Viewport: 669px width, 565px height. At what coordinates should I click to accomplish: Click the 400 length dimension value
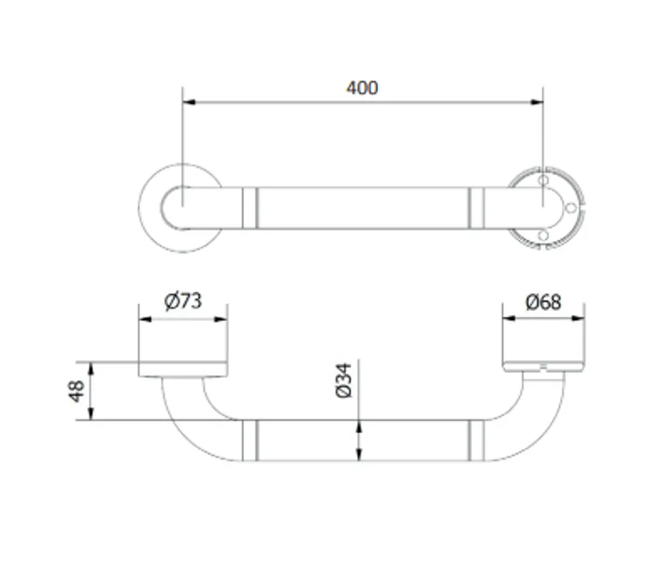click(x=362, y=88)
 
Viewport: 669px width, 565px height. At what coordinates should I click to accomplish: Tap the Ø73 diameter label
click(x=182, y=301)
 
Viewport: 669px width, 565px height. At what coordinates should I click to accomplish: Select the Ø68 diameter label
click(x=543, y=303)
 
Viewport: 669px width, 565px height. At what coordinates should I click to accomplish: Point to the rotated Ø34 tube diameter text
click(x=344, y=380)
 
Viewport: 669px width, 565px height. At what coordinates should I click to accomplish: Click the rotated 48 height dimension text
click(x=77, y=391)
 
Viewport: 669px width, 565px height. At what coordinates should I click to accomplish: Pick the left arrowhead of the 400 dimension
click(x=189, y=102)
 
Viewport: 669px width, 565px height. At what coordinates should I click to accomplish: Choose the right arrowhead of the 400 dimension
click(x=536, y=102)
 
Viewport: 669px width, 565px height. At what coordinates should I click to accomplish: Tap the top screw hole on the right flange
click(x=543, y=180)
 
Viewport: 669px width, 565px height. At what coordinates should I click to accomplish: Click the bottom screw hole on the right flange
click(x=543, y=236)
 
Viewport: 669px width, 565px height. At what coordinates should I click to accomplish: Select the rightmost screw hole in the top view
click(x=570, y=207)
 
